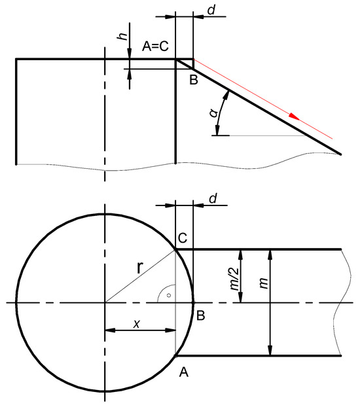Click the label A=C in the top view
[155, 46]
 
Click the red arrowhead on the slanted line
[295, 116]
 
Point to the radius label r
[139, 268]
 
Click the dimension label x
[137, 324]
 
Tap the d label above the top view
[211, 10]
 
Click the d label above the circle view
[213, 198]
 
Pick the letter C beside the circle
[183, 238]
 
